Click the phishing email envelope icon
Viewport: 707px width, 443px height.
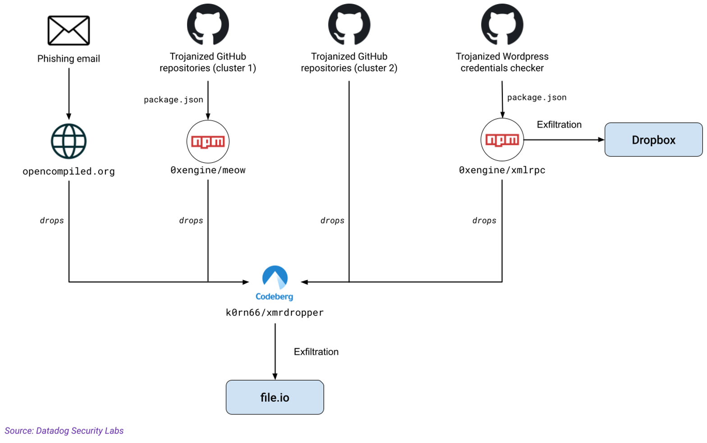click(69, 31)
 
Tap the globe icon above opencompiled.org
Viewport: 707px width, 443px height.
click(69, 141)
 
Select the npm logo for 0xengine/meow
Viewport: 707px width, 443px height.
click(208, 142)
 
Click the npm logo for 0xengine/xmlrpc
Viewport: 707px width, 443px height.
click(502, 140)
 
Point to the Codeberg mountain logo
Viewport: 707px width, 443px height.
click(275, 277)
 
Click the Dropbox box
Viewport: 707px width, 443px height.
click(653, 140)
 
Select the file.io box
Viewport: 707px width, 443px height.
click(275, 397)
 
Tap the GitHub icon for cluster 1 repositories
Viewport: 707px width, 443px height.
click(208, 25)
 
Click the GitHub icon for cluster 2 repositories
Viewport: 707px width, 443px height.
click(349, 25)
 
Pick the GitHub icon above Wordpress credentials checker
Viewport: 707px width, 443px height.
click(502, 25)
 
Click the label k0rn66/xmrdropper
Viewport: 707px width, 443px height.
click(275, 313)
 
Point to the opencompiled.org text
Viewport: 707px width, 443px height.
click(69, 171)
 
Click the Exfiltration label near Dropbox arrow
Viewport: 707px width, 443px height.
click(559, 125)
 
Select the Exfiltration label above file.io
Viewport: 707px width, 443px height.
click(316, 352)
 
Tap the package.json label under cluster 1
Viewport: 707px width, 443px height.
click(174, 100)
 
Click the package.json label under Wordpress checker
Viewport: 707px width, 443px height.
click(537, 97)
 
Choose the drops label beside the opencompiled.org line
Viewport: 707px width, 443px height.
click(52, 221)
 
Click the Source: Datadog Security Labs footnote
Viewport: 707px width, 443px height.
click(64, 431)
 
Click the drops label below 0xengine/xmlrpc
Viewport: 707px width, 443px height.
click(484, 221)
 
